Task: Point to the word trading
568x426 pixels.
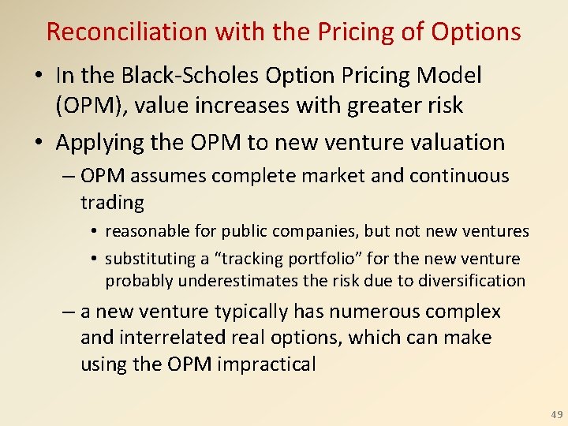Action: [x=112, y=203]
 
